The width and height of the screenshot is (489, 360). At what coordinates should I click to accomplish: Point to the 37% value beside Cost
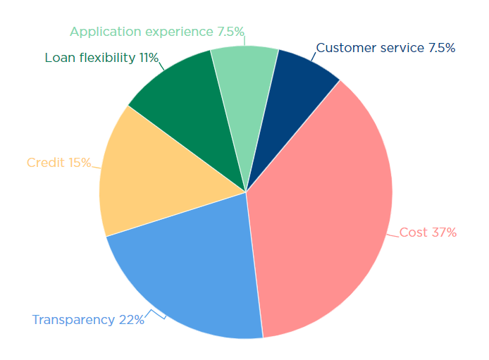[444, 232]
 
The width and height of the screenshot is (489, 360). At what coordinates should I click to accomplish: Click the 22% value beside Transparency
[132, 320]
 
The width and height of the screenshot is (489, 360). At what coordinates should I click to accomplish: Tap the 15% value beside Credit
[80, 163]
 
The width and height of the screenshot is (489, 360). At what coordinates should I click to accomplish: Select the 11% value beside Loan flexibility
[149, 58]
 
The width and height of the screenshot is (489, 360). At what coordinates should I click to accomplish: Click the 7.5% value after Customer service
[441, 48]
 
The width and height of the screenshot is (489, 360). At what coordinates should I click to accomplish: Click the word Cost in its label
[414, 232]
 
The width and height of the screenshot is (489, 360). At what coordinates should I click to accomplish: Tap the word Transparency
[73, 320]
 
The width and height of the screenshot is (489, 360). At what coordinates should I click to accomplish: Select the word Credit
[46, 163]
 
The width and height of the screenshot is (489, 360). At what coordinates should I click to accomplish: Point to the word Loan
[59, 58]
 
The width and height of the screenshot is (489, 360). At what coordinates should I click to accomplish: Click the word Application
[105, 32]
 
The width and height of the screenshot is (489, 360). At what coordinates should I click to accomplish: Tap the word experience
[175, 32]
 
